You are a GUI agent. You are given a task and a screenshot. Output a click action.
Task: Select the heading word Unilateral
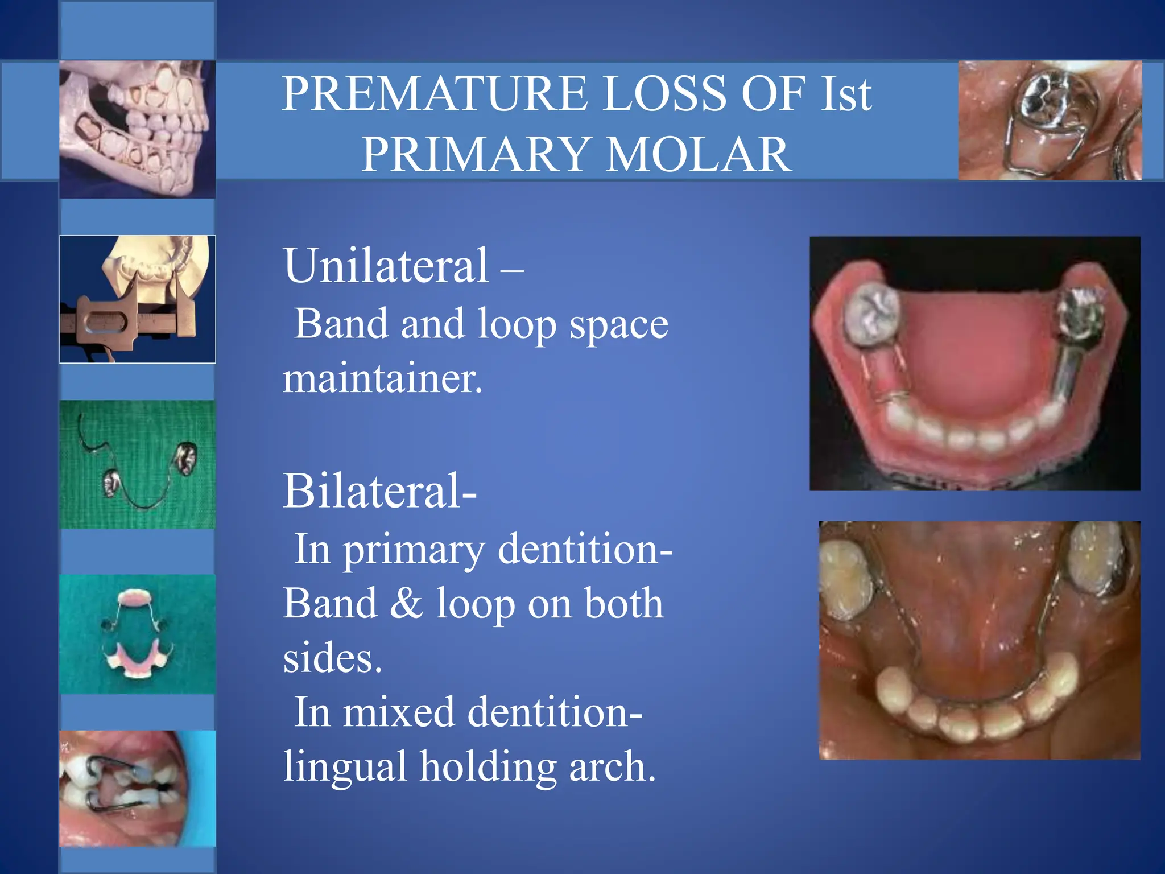[386, 266]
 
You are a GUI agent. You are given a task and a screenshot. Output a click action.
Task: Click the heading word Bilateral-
[379, 490]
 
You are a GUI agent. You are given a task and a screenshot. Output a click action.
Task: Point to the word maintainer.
[382, 378]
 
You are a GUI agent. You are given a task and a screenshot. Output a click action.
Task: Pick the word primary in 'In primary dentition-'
[414, 550]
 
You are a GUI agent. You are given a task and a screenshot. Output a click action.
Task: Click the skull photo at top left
[137, 129]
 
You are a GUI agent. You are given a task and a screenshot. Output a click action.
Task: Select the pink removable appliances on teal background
[137, 634]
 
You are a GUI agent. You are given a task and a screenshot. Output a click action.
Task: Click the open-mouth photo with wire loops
[137, 788]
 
